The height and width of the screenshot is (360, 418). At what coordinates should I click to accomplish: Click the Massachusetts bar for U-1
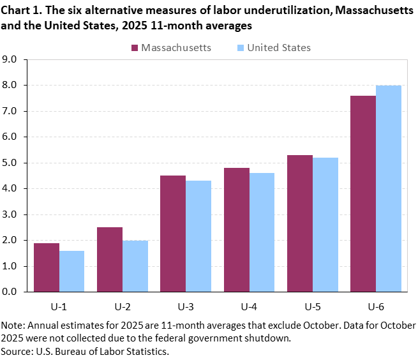coord(47,267)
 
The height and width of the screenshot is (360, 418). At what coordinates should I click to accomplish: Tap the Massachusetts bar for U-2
coord(110,260)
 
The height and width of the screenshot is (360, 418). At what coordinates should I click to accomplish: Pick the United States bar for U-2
coord(135,266)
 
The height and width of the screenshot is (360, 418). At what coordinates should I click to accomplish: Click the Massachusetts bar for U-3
coord(173,234)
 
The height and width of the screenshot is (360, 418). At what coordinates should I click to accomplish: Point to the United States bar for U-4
coord(262,232)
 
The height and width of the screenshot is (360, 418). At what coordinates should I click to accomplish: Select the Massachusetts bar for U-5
coord(300,223)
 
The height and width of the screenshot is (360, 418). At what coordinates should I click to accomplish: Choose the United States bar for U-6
coord(389,188)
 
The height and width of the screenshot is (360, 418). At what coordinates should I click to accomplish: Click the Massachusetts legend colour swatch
coord(135,48)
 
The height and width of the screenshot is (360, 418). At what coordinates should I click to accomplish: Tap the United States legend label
coord(279,48)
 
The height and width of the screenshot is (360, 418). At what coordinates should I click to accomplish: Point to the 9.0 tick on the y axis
coord(13,59)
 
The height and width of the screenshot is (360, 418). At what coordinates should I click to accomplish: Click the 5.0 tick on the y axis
coord(13,163)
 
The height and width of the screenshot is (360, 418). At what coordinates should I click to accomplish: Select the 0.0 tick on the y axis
coord(13,292)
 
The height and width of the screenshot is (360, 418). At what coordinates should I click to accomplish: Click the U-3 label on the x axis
coord(186,304)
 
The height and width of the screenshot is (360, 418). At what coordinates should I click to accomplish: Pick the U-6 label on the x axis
coord(376,304)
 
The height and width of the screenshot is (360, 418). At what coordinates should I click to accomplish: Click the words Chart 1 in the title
coord(20,10)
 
